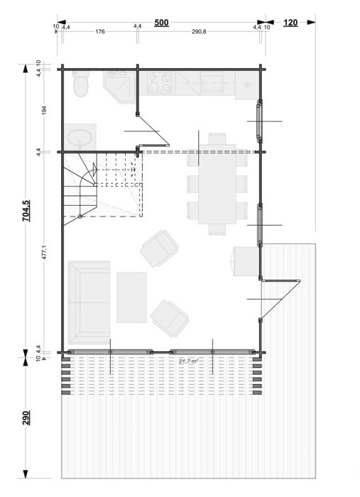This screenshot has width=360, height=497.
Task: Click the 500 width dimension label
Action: tap(161, 23)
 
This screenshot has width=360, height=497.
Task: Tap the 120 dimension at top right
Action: tap(290, 23)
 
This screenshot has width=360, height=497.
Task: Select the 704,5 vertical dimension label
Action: tap(26, 211)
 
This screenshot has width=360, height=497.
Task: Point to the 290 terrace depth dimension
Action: tap(26, 417)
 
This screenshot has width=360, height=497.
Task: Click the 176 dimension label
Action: tap(100, 31)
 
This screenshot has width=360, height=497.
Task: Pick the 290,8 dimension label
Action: tap(199, 31)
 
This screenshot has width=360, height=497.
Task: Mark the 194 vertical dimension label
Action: tap(44, 110)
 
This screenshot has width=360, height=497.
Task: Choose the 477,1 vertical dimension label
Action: tap(44, 252)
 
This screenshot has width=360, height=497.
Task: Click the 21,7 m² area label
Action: tap(189, 361)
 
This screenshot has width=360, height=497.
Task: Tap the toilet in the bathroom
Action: tap(80, 84)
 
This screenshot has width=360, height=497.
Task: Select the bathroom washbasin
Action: tap(80, 137)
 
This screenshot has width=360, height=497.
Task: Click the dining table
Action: tap(217, 184)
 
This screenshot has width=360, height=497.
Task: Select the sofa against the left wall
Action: tap(89, 302)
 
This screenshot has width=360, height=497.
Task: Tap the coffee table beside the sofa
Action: tap(131, 297)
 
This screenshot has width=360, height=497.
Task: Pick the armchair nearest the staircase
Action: tap(160, 248)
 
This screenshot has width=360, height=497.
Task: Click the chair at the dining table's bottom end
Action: tap(217, 229)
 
